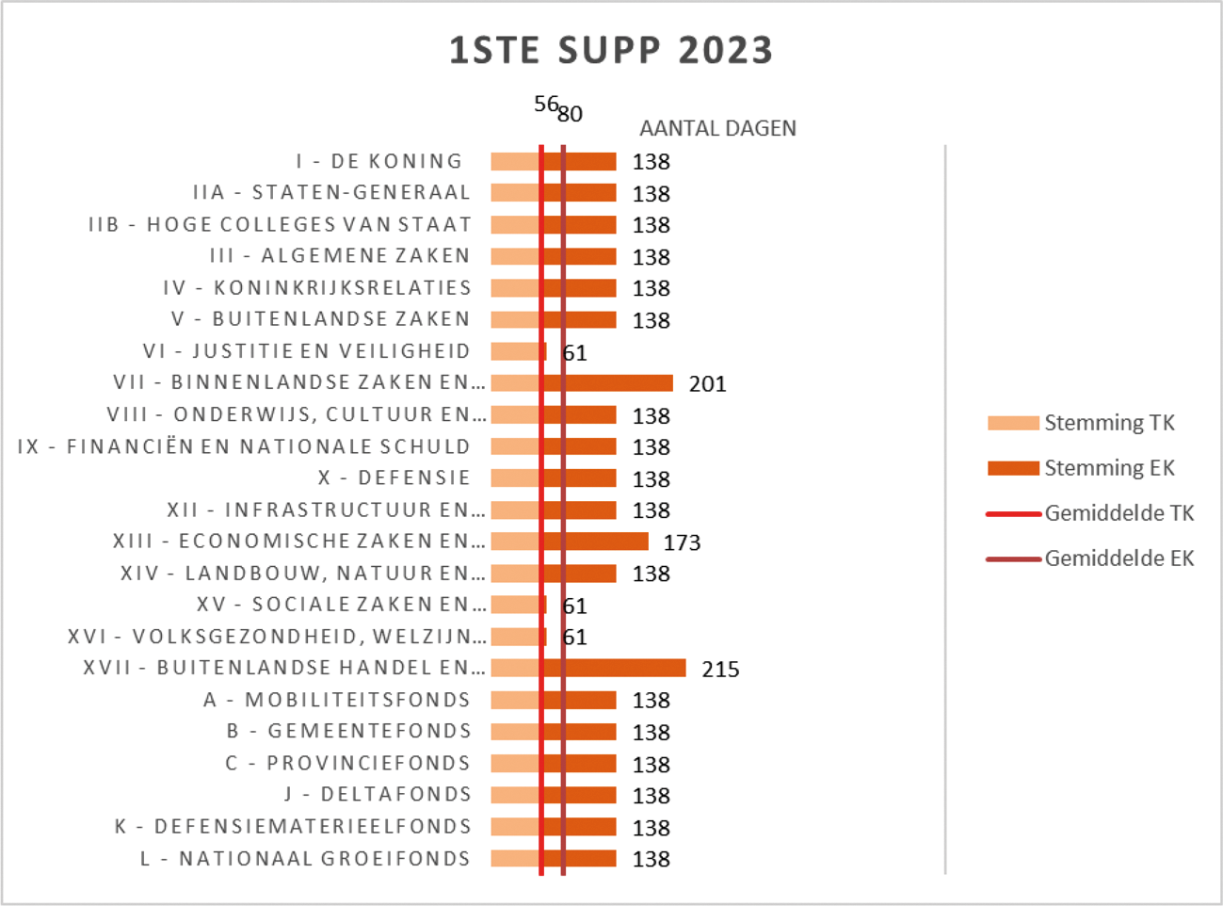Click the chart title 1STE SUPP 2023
click(610, 51)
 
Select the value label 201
click(707, 384)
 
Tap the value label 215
click(720, 670)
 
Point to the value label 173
click(682, 542)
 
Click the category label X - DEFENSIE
click(394, 478)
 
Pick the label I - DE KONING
click(379, 162)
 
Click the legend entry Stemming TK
click(1109, 423)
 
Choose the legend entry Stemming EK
click(1109, 468)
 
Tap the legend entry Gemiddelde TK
click(1118, 513)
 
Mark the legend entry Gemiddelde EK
click(1118, 558)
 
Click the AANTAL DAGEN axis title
click(717, 128)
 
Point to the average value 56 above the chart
click(545, 105)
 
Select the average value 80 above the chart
click(571, 114)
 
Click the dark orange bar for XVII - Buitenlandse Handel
click(626, 668)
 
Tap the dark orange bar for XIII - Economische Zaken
click(607, 542)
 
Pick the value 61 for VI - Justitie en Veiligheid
click(574, 353)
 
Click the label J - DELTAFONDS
click(378, 795)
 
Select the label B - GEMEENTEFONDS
click(348, 732)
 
